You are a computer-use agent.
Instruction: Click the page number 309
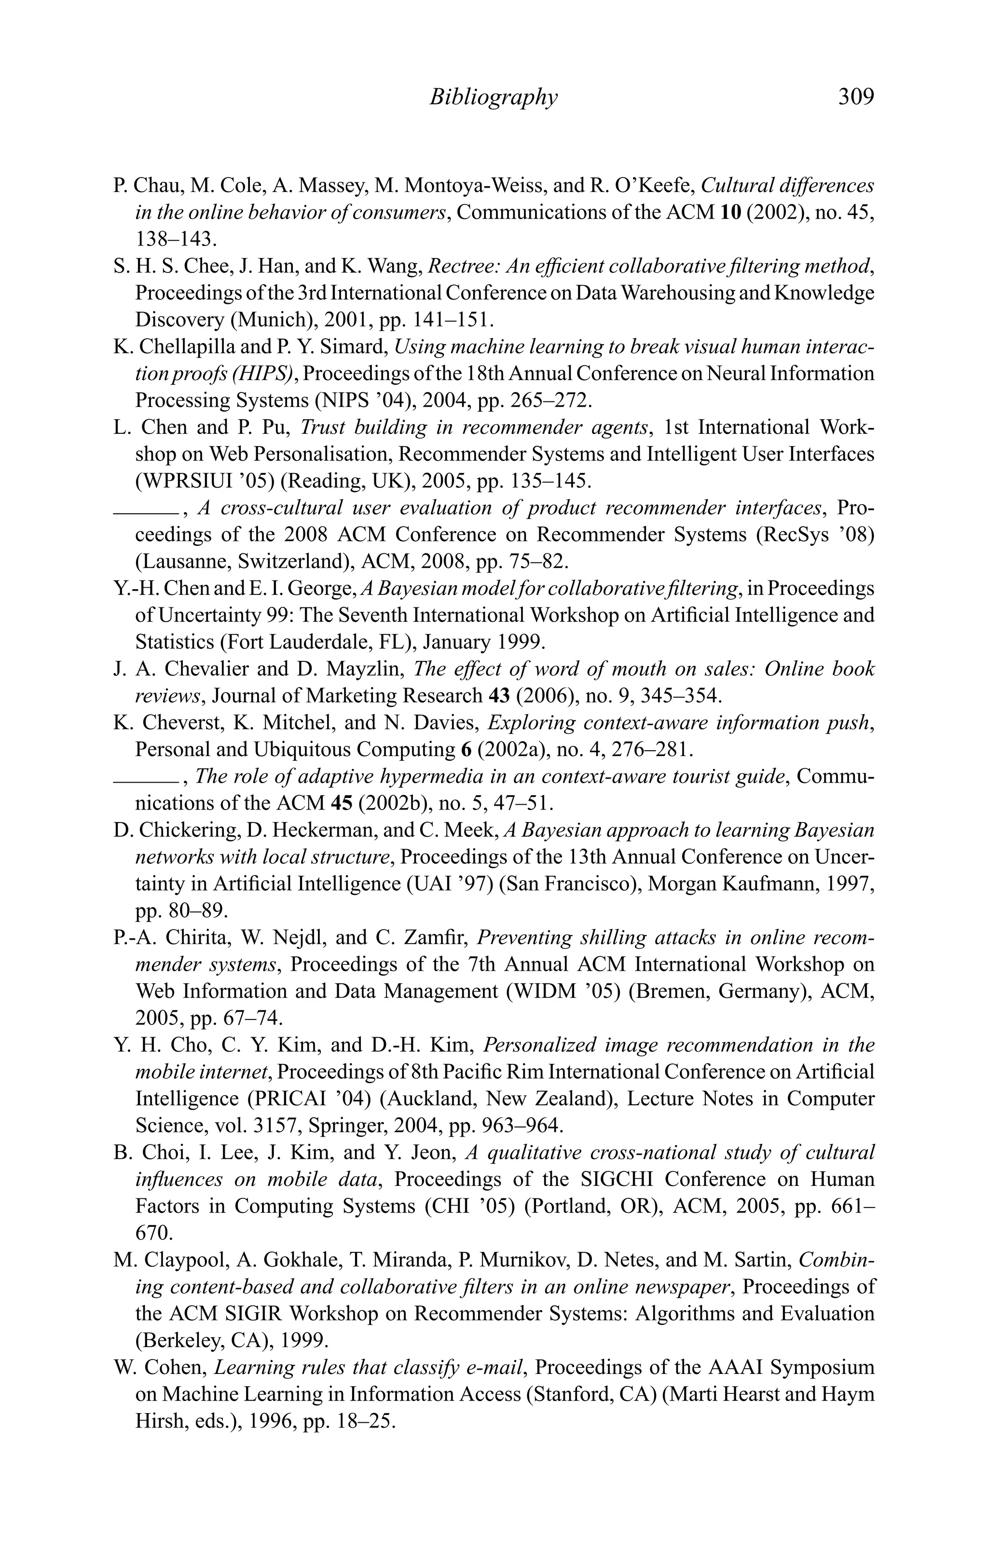click(x=856, y=97)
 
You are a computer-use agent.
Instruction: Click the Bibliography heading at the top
click(x=494, y=97)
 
